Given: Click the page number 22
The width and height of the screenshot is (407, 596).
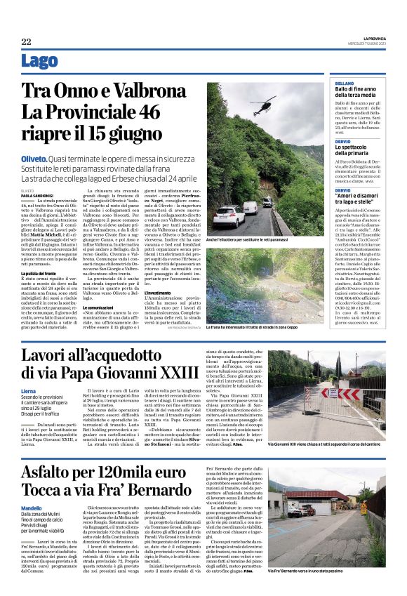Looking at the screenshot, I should coord(26,41).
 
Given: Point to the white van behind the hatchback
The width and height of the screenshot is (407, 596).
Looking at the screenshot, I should coord(251,208).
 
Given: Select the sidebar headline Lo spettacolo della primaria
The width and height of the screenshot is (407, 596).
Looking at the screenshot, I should coord(359,149).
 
